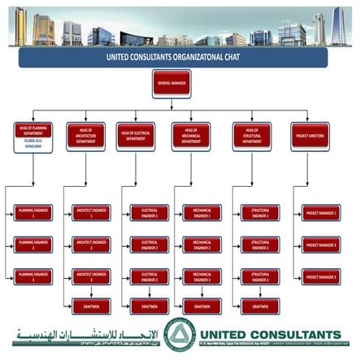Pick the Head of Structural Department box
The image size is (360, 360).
point(251,134)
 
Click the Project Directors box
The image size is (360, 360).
point(310,134)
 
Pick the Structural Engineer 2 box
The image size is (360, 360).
point(260,245)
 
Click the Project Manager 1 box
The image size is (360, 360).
point(320,214)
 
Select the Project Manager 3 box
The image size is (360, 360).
point(320,275)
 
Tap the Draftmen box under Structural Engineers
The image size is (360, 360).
point(260,306)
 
